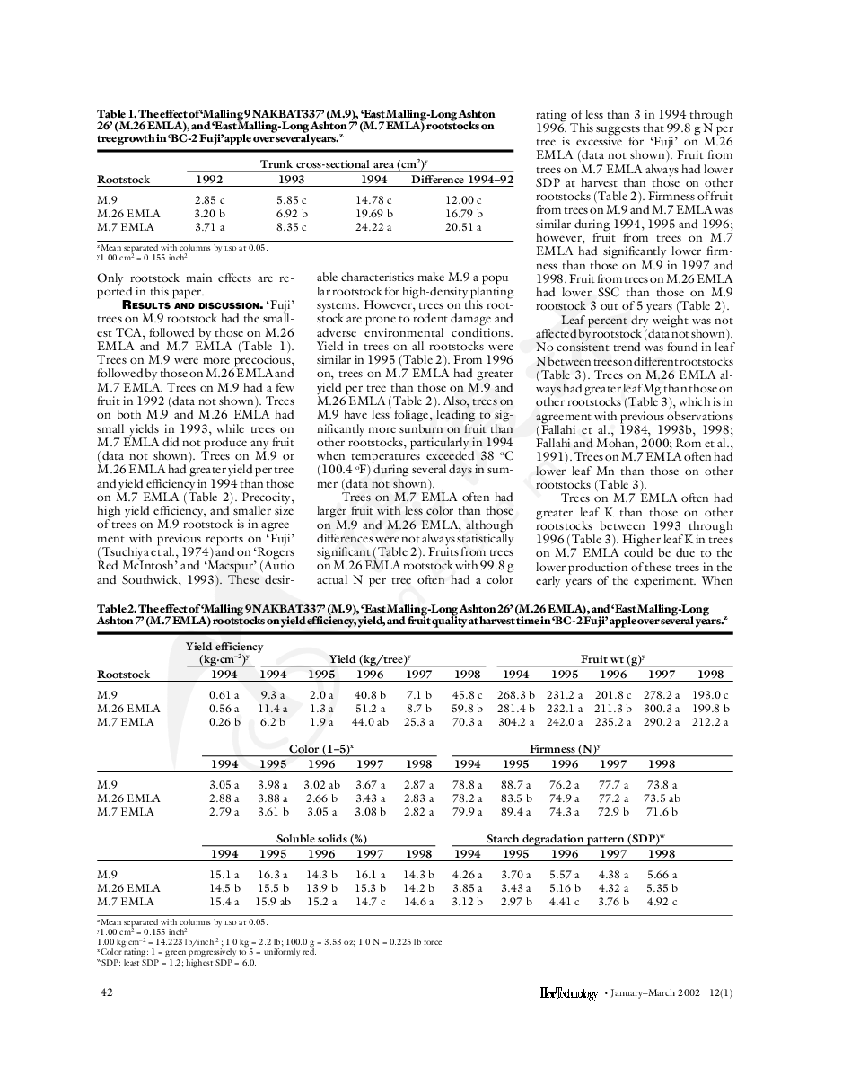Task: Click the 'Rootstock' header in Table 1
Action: (x=123, y=180)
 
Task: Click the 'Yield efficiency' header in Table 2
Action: (x=224, y=647)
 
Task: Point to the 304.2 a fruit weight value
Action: (x=516, y=721)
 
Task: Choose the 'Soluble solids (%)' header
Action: (x=321, y=839)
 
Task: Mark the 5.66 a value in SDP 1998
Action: (x=662, y=874)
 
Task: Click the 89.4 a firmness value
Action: (x=516, y=811)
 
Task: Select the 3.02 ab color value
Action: (x=321, y=784)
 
